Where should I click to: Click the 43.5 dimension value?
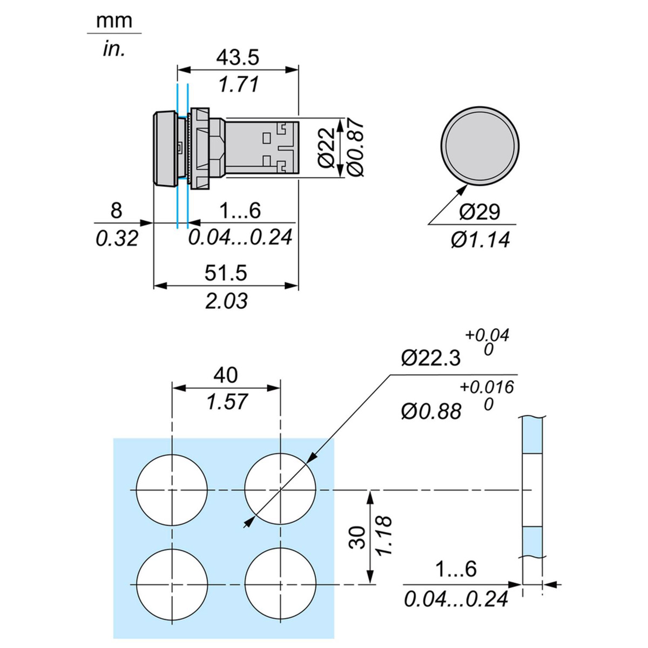238,57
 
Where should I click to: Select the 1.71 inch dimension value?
238,84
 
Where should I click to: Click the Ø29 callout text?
480,212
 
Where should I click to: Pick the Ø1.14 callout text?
480,239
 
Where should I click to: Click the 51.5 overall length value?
226,273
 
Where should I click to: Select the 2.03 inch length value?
226,301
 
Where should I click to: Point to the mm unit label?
114,21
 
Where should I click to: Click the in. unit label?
114,49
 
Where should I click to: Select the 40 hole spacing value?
226,374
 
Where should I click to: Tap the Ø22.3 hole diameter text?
431,357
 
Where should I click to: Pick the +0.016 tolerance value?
487,387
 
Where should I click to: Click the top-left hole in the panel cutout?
172,489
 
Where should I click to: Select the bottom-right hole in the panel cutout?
280,584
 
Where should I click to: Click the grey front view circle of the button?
480,146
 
